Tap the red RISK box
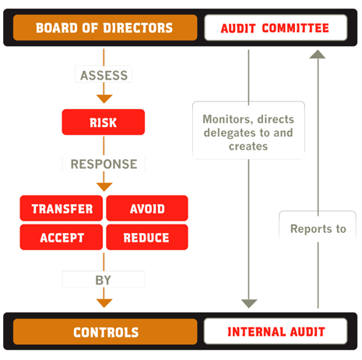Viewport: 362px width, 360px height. point(104,122)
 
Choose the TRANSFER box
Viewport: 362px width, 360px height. point(62,209)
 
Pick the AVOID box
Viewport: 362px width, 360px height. point(146,209)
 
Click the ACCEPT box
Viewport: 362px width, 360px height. point(62,238)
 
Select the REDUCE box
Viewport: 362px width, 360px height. point(146,238)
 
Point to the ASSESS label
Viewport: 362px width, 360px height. point(104,76)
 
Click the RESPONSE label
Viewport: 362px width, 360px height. point(104,164)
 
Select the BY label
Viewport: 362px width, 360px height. point(104,280)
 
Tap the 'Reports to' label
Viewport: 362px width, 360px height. point(318,229)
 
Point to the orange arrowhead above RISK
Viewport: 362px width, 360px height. point(104,98)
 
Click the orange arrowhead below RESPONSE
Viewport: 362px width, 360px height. point(104,186)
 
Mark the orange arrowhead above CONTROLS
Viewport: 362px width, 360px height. point(104,302)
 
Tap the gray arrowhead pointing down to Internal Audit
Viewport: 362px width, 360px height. point(248,302)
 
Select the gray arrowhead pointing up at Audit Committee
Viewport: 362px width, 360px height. point(318,55)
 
